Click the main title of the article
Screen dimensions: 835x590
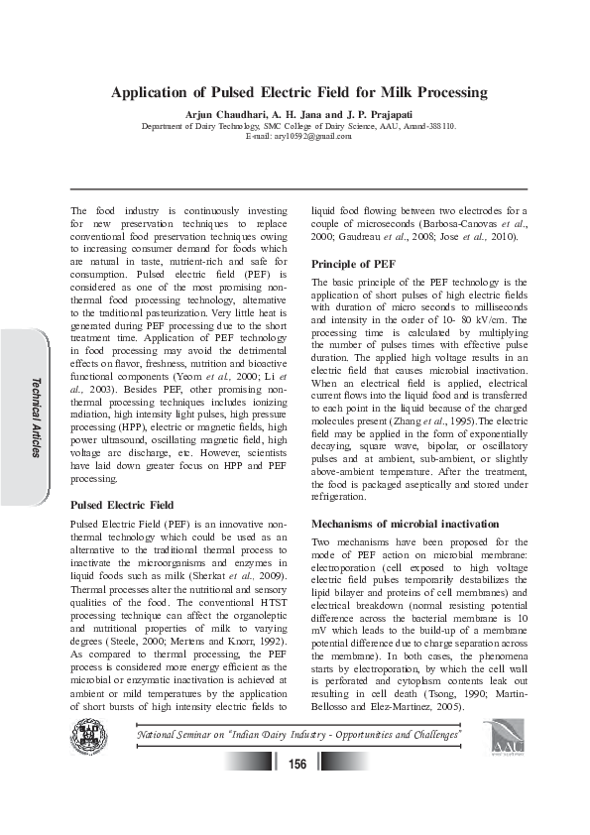tap(298, 92)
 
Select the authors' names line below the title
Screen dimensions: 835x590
tap(298, 115)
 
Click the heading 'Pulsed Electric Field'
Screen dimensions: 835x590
tap(122, 505)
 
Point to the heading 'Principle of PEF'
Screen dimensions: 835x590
tap(354, 264)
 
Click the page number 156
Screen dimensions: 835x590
tap(296, 763)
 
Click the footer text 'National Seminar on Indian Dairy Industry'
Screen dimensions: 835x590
tap(297, 735)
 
